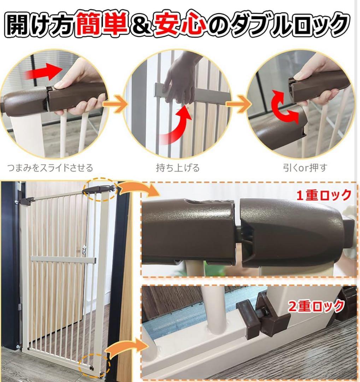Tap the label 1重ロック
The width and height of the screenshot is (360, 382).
point(324,195)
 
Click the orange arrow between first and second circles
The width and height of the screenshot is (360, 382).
point(120,105)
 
